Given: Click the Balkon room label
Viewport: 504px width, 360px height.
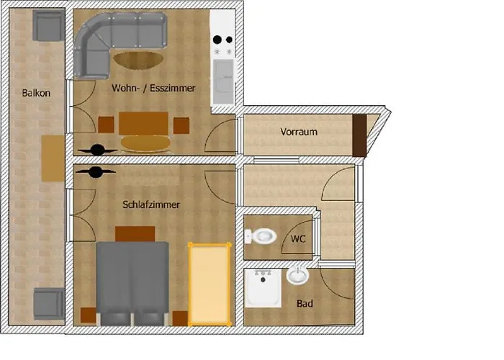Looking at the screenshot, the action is [36, 93].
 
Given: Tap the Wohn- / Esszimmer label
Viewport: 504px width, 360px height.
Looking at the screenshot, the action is [153, 88].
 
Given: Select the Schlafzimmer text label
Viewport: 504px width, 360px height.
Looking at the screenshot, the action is [151, 204].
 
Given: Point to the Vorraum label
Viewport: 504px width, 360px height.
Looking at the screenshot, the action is [299, 132].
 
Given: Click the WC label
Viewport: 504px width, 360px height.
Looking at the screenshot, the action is [298, 239].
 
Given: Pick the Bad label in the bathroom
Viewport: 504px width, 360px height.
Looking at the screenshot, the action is [305, 303].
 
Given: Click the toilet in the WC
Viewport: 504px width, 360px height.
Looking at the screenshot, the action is [261, 237].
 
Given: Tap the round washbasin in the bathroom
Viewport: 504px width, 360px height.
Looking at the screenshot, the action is [297, 276].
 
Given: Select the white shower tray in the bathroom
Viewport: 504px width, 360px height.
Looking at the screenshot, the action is [263, 288].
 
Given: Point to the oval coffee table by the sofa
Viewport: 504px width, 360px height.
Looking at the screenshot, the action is [138, 60].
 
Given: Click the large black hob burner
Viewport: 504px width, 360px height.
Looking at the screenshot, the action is [217, 40].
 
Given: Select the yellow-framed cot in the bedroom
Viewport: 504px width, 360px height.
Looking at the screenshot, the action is [210, 284].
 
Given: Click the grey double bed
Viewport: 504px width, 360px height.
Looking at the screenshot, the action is [132, 284].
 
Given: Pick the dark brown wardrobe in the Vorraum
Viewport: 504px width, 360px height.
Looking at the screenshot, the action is [359, 135].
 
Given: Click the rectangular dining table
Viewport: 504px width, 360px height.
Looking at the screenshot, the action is [144, 123].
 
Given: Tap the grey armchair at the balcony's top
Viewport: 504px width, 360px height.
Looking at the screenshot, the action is [49, 26].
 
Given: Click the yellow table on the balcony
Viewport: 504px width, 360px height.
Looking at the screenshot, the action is [53, 158].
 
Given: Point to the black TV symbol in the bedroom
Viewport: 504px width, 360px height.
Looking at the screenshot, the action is [96, 172].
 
